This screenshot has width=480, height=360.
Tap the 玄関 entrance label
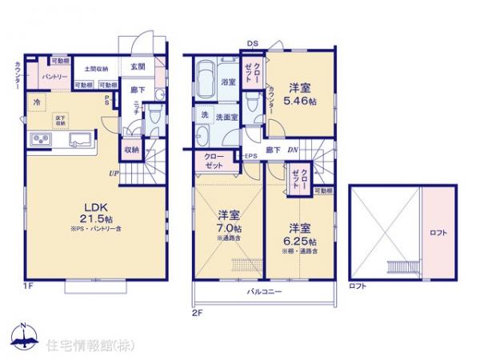tap(138, 66)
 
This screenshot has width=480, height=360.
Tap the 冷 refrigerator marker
tap(38, 102)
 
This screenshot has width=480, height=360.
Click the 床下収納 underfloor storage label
tap(60, 121)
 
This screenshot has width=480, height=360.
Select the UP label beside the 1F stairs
tap(116, 171)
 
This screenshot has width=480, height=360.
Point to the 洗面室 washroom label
tap(221, 116)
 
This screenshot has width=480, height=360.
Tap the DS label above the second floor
tap(252, 43)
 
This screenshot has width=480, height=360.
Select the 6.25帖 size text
tap(301, 242)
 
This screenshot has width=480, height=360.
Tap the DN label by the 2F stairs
tap(294, 149)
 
